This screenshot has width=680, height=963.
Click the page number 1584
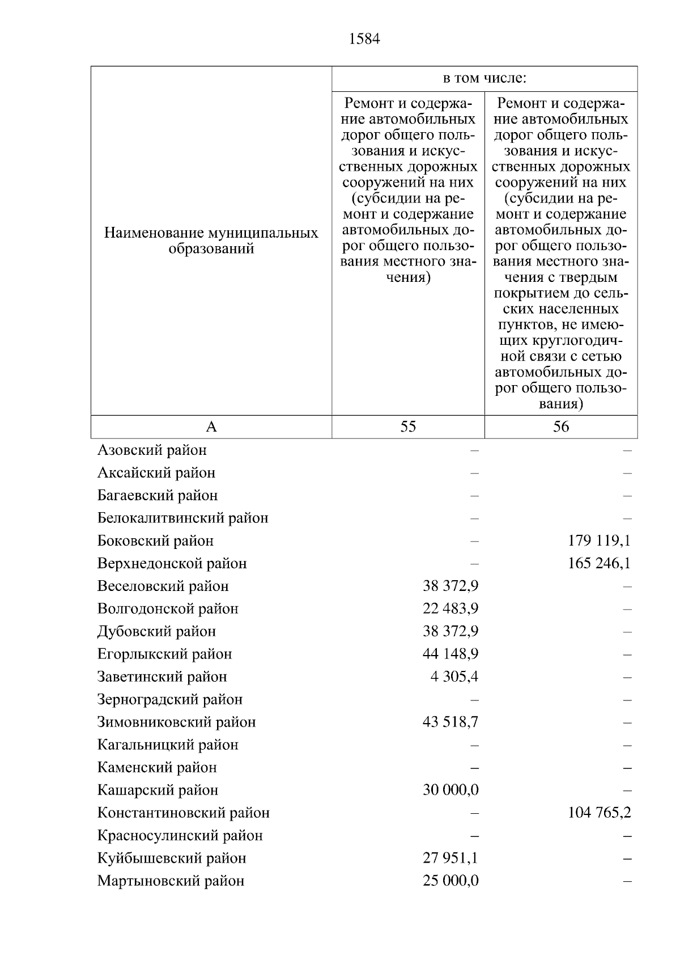click(x=365, y=39)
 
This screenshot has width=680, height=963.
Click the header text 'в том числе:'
click(x=484, y=78)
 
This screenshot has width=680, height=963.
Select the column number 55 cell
click(x=408, y=426)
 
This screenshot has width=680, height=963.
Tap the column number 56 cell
click(x=560, y=426)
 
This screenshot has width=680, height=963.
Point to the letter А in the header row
click(x=211, y=426)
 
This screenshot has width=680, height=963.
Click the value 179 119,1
click(x=599, y=540)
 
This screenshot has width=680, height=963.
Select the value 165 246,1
click(x=599, y=563)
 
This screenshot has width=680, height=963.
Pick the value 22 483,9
click(x=450, y=609)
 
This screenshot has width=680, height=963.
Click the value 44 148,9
click(x=450, y=654)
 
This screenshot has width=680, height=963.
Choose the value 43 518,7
click(x=450, y=722)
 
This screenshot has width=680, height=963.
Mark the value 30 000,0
click(x=450, y=790)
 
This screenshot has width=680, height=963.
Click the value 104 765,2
click(x=599, y=813)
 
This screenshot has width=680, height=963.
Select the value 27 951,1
click(x=450, y=858)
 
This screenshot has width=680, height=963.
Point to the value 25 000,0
click(x=450, y=881)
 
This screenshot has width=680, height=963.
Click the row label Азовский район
click(x=152, y=450)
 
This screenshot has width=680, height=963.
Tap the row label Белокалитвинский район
click(x=182, y=518)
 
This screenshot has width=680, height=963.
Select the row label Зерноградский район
click(x=170, y=699)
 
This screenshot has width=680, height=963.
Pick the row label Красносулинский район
click(x=180, y=835)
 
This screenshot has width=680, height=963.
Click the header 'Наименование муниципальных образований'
click(x=211, y=241)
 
